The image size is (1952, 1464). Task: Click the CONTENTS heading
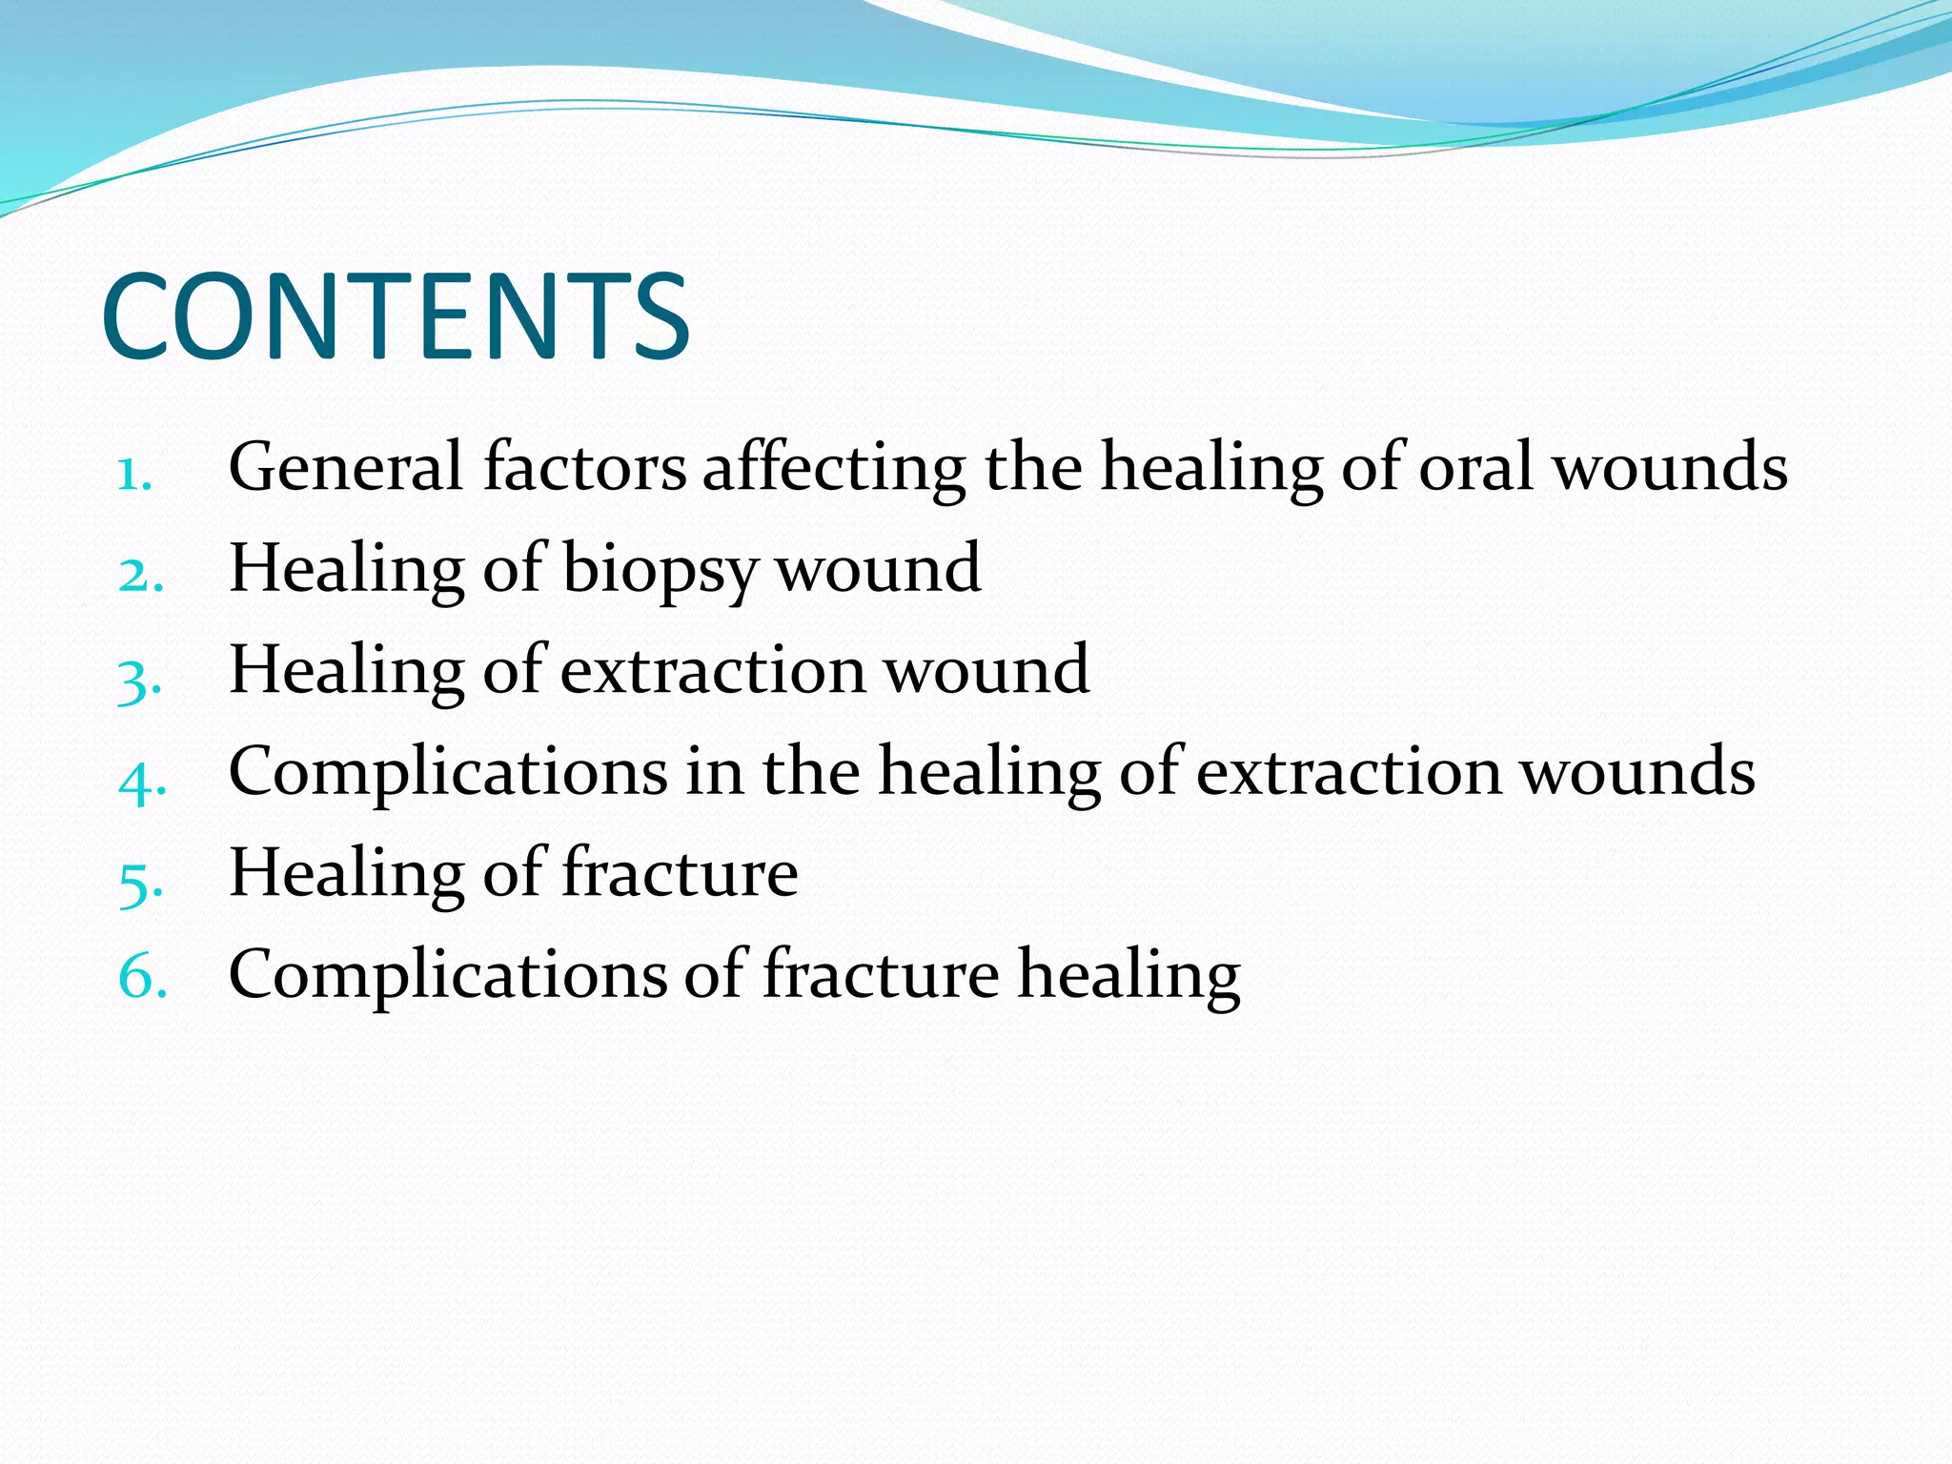pyautogui.click(x=395, y=317)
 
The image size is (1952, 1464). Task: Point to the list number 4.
pyautogui.click(x=142, y=780)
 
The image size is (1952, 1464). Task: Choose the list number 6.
pyautogui.click(x=142, y=979)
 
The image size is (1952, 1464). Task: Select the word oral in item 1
pyautogui.click(x=1475, y=467)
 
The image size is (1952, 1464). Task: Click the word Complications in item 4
pyautogui.click(x=448, y=773)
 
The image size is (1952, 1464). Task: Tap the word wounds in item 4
pyautogui.click(x=1637, y=771)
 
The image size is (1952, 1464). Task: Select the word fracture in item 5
pyautogui.click(x=680, y=873)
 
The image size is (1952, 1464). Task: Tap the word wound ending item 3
pyautogui.click(x=987, y=670)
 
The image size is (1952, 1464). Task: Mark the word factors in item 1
pyautogui.click(x=584, y=467)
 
